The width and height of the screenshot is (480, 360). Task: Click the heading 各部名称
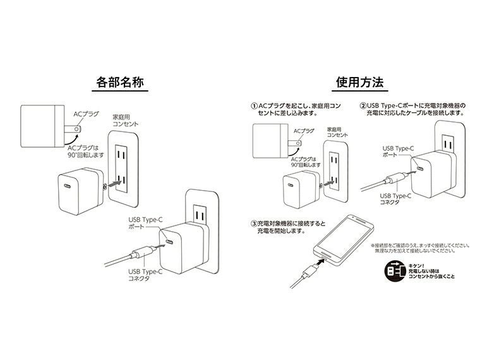click(120, 83)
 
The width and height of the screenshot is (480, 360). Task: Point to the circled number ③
click(254, 223)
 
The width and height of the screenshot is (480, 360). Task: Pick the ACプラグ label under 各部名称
click(86, 114)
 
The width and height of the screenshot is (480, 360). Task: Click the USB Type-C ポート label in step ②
click(399, 152)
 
